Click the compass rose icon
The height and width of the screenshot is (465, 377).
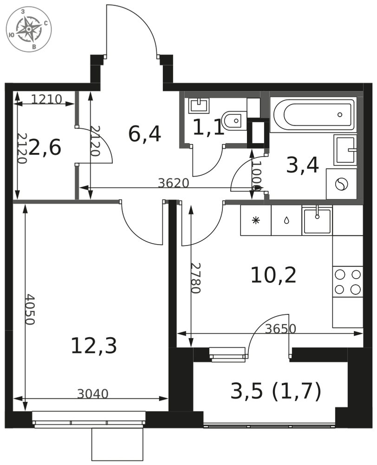pyautogui.click(x=29, y=29)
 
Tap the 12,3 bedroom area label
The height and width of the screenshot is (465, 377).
pyautogui.click(x=94, y=346)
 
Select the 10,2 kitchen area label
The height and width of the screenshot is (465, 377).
pyautogui.click(x=273, y=275)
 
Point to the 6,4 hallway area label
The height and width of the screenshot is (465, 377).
pyautogui.click(x=144, y=134)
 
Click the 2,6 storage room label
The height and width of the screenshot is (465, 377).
pyautogui.click(x=45, y=147)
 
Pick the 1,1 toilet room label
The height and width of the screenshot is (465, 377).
pyautogui.click(x=208, y=128)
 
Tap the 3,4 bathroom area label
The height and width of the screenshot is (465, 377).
pyautogui.click(x=302, y=165)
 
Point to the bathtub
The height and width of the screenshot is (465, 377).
pyautogui.click(x=314, y=114)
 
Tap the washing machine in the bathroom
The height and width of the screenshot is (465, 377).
pyautogui.click(x=341, y=184)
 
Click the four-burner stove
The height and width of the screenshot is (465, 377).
pyautogui.click(x=348, y=282)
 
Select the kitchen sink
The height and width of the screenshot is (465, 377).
pyautogui.click(x=317, y=220)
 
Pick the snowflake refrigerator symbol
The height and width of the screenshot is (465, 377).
pyautogui.click(x=255, y=220)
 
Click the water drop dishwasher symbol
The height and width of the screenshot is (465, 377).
pyautogui.click(x=286, y=220)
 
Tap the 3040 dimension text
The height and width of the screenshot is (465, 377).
pyautogui.click(x=93, y=394)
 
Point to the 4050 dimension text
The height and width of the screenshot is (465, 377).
pyautogui.click(x=30, y=309)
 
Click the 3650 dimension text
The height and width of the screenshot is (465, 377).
pyautogui.click(x=280, y=329)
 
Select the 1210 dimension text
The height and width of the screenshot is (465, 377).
pyautogui.click(x=46, y=99)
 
